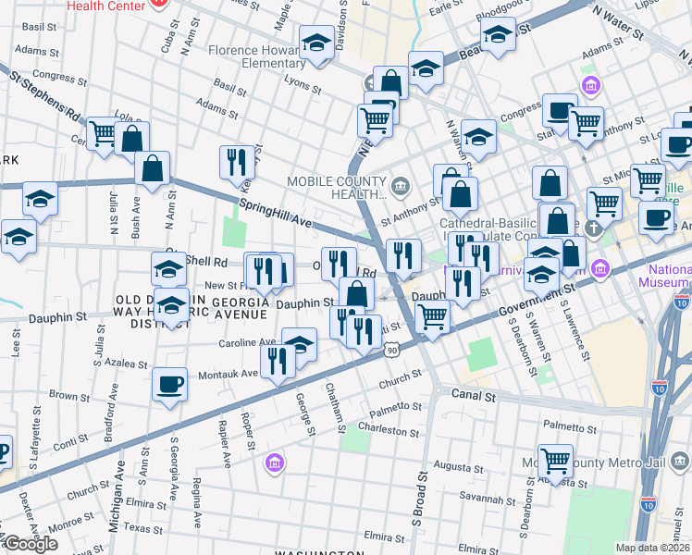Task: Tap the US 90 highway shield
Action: coord(393,350)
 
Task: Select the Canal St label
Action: coord(476,396)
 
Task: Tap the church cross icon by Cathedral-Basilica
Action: coord(602,223)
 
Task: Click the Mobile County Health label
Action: coord(335,187)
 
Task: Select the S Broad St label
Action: coord(422,499)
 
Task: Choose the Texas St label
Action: coord(143,529)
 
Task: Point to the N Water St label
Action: coord(618,25)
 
